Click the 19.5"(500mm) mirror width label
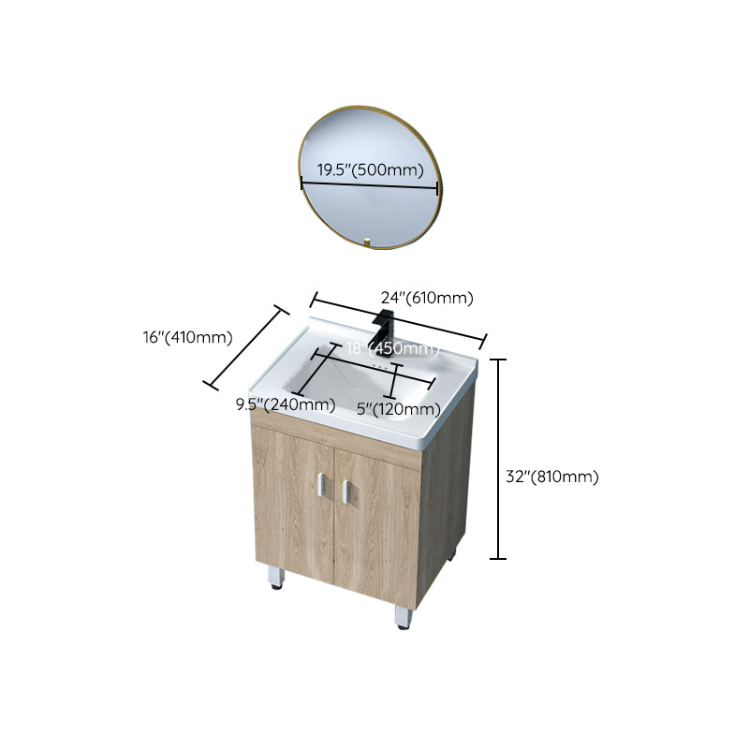click(x=370, y=169)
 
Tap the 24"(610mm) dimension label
click(x=426, y=299)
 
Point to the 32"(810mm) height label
click(x=551, y=477)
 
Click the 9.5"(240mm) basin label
click(x=286, y=404)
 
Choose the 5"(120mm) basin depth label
click(x=398, y=408)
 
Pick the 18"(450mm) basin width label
click(x=391, y=349)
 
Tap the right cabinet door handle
click(x=345, y=489)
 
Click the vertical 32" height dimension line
click(x=499, y=459)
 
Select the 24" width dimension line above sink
click(x=399, y=319)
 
